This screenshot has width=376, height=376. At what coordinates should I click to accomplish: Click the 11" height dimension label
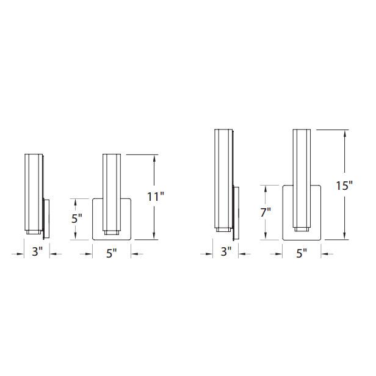tap(156, 197)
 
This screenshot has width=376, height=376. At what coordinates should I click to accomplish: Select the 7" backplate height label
tap(266, 214)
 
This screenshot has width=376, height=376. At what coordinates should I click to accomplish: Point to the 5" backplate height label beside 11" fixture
tap(76, 219)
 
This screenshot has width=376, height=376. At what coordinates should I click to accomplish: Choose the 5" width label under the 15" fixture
tap(301, 253)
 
